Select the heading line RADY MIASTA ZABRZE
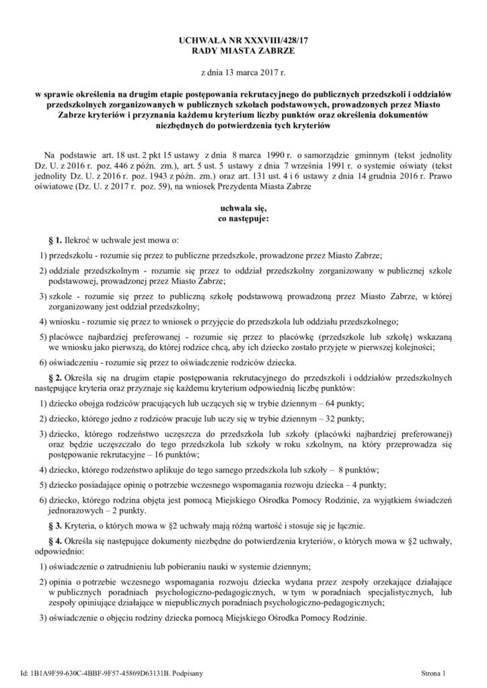[243, 51]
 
